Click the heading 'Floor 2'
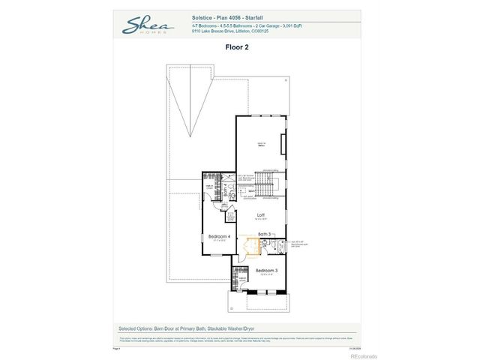point(237,46)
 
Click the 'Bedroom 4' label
point(218,236)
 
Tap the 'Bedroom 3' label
point(266,270)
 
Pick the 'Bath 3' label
point(264,235)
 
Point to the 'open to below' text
point(262,147)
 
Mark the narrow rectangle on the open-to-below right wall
point(283,145)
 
